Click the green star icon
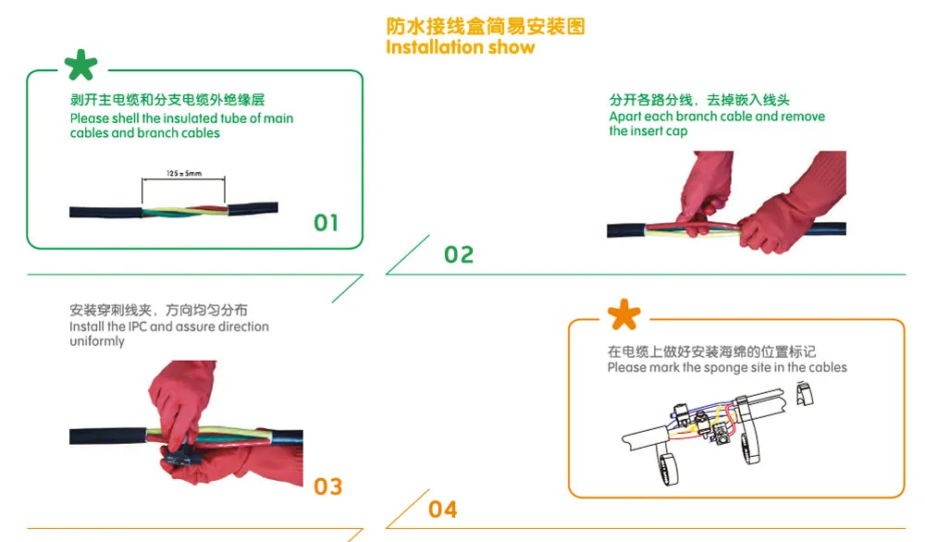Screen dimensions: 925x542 tap(80, 65)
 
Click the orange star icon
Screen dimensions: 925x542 tap(624, 314)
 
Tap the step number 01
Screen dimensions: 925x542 tap(327, 223)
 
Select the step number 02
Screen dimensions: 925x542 tap(459, 254)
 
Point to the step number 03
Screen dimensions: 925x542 tap(328, 487)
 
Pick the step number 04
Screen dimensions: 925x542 tap(443, 510)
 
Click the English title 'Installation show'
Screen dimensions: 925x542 tap(460, 47)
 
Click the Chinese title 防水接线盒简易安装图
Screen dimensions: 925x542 tap(486, 26)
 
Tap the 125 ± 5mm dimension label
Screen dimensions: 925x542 tap(184, 173)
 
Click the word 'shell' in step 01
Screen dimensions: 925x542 tap(125, 118)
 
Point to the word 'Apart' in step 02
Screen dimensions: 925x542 tap(625, 117)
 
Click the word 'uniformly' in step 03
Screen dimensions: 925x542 tap(97, 341)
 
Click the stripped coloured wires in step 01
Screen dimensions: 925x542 tap(185, 211)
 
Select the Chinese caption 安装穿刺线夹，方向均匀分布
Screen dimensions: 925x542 tap(158, 310)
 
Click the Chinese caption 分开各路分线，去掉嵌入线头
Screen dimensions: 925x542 tap(699, 100)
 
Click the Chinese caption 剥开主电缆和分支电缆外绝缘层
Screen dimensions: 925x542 tap(167, 100)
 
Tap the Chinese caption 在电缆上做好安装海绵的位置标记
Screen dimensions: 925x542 tap(712, 351)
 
